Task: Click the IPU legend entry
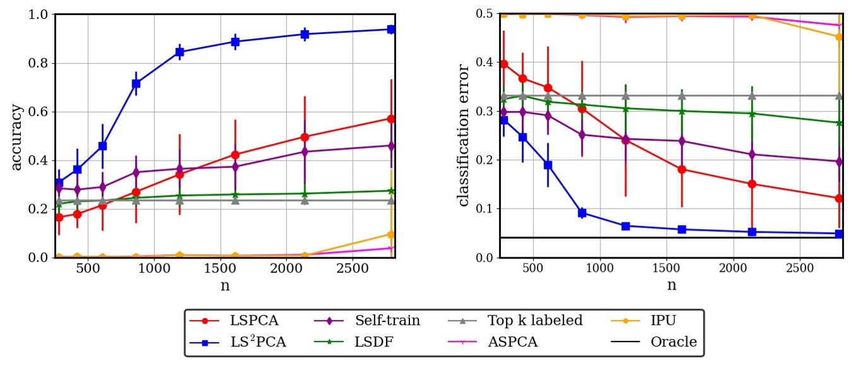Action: pos(643,321)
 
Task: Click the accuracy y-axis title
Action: pos(17,136)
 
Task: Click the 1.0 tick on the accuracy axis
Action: pos(40,14)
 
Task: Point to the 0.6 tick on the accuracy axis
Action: pos(40,112)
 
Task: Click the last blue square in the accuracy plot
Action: pos(391,29)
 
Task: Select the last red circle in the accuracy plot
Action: pos(391,119)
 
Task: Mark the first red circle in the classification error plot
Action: pos(503,64)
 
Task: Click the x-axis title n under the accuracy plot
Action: pos(225,285)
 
